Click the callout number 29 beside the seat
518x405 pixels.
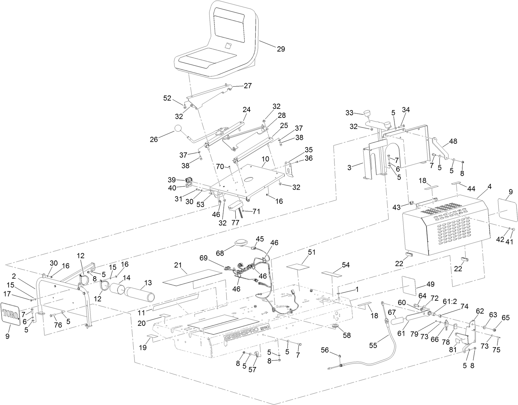[281, 49]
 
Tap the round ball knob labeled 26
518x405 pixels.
[179, 128]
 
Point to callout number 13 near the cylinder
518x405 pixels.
[148, 282]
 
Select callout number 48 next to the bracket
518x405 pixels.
[453, 141]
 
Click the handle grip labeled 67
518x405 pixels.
[398, 321]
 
